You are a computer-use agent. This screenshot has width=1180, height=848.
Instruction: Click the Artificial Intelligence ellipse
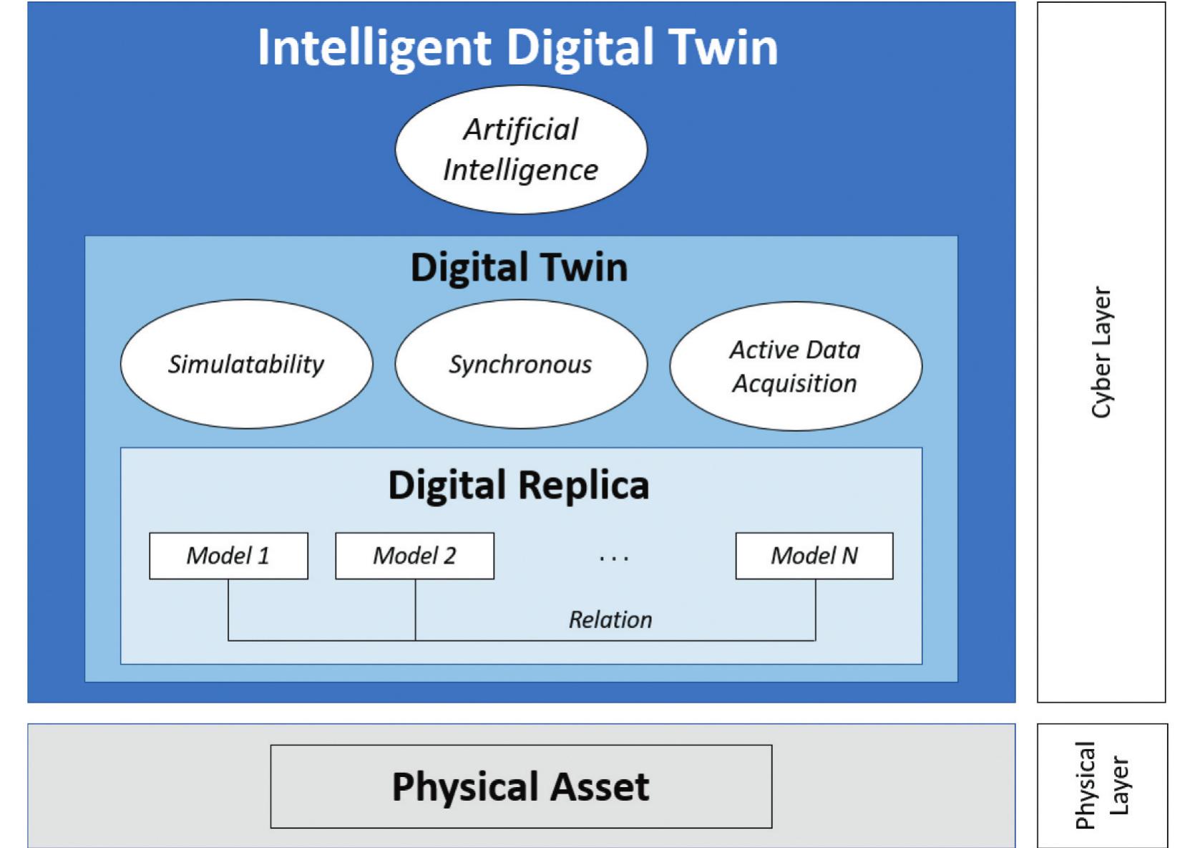521,150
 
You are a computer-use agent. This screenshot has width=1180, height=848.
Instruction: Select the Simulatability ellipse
246,364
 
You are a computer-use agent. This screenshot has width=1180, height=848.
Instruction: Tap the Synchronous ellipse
521,364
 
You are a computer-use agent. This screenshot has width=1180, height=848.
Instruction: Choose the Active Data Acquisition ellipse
795,366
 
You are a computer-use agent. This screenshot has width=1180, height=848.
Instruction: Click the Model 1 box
228,556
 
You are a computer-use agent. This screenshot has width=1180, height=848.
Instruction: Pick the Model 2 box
414,556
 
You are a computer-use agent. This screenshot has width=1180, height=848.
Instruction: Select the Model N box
814,556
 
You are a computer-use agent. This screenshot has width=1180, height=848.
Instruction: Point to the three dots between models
614,558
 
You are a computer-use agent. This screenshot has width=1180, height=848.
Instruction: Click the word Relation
610,620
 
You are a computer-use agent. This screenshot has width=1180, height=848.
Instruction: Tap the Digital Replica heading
519,485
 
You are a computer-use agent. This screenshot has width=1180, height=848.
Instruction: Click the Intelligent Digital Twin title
517,47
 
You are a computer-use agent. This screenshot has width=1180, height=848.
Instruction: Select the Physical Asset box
521,786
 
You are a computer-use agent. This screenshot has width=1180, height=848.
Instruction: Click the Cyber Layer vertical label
1101,352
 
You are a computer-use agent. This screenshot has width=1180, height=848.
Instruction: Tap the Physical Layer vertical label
1102,785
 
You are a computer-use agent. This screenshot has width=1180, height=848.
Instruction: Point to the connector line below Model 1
228,609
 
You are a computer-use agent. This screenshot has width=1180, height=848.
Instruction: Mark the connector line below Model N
815,609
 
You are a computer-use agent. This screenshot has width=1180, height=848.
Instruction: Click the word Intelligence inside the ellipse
521,170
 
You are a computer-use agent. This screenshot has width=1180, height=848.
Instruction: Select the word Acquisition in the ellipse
794,384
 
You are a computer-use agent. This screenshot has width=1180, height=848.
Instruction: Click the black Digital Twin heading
519,267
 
